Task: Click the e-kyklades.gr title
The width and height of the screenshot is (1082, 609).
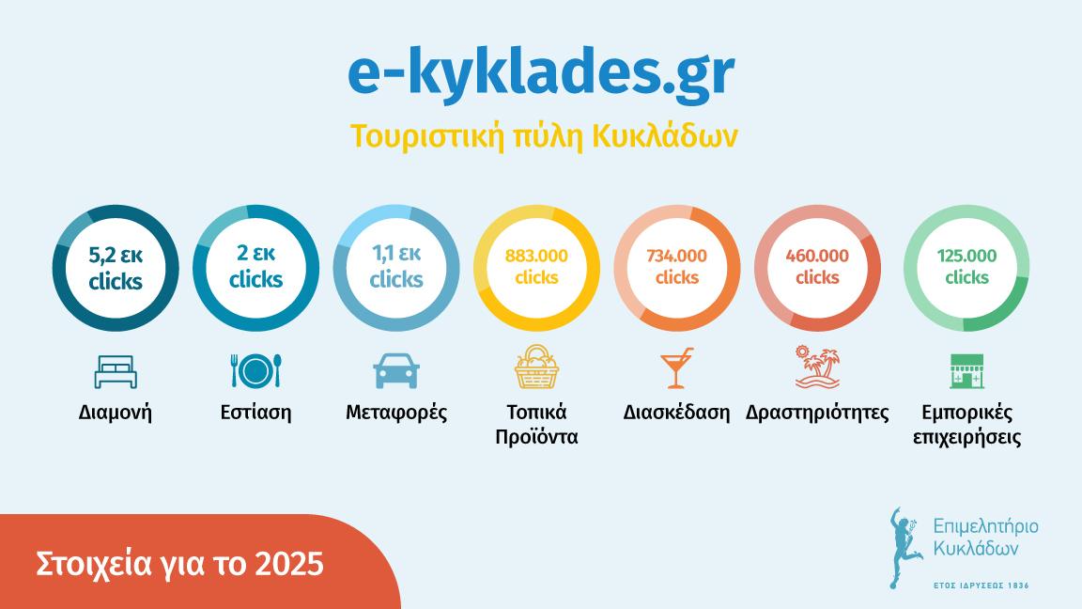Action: click(x=540, y=76)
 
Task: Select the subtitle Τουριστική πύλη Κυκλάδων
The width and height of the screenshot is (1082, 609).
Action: click(x=544, y=135)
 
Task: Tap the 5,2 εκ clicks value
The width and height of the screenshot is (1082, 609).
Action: click(x=116, y=268)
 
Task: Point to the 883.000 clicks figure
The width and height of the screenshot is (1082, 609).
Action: click(x=536, y=266)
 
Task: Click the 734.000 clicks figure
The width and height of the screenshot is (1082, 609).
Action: click(x=676, y=266)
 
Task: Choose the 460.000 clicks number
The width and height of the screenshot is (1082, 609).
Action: click(x=817, y=266)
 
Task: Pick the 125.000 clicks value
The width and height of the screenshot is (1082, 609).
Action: click(x=966, y=266)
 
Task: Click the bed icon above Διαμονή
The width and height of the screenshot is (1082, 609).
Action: click(x=116, y=371)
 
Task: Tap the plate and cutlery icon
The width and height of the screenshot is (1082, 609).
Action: click(x=255, y=370)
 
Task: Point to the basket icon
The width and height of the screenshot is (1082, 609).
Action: click(x=536, y=367)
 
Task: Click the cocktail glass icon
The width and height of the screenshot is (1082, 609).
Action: click(x=676, y=368)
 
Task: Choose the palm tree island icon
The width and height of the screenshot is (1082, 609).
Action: click(x=817, y=367)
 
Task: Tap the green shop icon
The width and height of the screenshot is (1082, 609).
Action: click(x=966, y=371)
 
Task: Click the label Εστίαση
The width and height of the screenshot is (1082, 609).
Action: click(x=255, y=413)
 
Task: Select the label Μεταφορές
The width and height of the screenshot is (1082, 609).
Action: click(x=395, y=413)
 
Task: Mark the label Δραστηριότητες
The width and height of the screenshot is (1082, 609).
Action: click(x=817, y=413)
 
